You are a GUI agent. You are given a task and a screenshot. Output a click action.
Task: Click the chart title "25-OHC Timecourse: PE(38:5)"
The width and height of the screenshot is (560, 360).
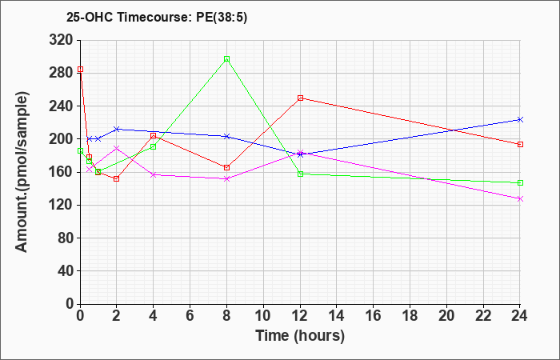[x=157, y=18]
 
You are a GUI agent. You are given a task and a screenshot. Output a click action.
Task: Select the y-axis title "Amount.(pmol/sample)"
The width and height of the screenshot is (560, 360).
[x=22, y=172]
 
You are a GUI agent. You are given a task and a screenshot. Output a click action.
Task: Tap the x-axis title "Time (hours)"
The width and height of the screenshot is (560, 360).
[x=300, y=336]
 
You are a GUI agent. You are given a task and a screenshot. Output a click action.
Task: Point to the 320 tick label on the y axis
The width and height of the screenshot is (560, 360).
[x=60, y=40]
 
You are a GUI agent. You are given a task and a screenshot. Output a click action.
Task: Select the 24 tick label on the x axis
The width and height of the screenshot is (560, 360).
[x=520, y=316]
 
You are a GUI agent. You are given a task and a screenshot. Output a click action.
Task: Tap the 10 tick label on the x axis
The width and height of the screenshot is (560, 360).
[x=263, y=316]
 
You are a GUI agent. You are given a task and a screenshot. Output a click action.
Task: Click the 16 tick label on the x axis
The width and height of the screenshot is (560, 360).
[x=374, y=316]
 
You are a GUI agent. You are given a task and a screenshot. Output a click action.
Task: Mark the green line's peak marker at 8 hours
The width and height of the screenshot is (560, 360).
[x=226, y=59]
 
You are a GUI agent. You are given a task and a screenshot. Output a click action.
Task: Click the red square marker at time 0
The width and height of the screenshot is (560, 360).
[x=80, y=70]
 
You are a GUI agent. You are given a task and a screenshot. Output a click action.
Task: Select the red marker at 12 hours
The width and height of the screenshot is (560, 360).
[x=300, y=98]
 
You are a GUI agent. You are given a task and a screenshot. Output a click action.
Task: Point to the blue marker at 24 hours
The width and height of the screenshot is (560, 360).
[x=520, y=120]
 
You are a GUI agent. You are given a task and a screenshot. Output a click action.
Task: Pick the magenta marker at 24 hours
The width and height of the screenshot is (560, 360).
[x=520, y=199]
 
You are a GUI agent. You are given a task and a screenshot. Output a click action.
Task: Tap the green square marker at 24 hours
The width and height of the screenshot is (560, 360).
[x=520, y=183]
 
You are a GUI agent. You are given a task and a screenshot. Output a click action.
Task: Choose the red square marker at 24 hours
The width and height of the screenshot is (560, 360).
[x=520, y=144]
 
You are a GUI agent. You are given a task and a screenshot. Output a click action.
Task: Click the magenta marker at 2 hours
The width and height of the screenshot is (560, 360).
[x=117, y=148]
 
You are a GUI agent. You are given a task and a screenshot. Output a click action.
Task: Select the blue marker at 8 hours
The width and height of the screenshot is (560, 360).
[x=226, y=137]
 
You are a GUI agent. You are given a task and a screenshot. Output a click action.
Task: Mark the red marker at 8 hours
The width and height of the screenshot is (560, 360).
[x=226, y=167]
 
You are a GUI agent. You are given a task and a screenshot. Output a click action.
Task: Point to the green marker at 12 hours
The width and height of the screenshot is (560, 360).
[x=300, y=174]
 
